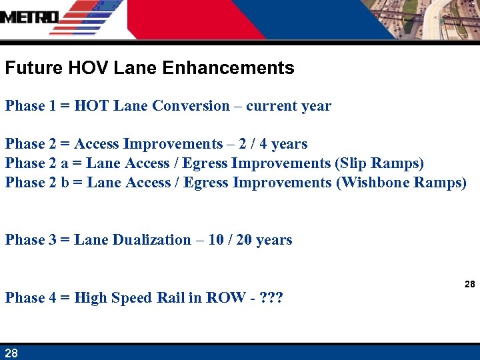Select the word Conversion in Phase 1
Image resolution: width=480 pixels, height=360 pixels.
click(x=191, y=106)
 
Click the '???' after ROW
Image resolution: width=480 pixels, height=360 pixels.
click(x=271, y=298)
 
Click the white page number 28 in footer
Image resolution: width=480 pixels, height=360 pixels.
click(x=11, y=353)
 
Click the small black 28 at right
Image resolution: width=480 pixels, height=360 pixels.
click(x=469, y=284)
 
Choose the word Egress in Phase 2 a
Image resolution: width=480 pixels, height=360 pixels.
click(x=205, y=163)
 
